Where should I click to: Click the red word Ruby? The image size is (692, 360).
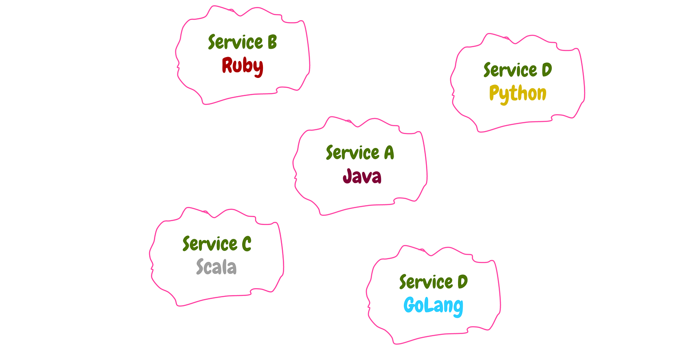tap(242, 66)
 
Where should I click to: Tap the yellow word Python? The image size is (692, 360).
tap(518, 93)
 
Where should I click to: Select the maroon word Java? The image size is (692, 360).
tap(362, 176)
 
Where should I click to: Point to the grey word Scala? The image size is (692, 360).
tap(216, 267)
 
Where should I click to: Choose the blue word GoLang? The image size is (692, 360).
tap(433, 305)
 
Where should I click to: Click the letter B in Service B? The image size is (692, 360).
tap(272, 42)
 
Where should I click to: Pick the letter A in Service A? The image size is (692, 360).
tap(389, 153)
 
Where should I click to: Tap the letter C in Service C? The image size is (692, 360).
tap(247, 244)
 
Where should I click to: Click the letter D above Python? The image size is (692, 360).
tap(547, 70)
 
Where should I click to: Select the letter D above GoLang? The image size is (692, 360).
tap(463, 282)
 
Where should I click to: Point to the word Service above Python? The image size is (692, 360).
tap(510, 70)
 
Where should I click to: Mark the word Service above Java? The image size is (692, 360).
tap(353, 153)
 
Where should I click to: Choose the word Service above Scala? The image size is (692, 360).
tap(210, 244)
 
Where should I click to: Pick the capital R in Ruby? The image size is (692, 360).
tap(227, 65)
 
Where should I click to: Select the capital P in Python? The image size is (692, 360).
tap(494, 93)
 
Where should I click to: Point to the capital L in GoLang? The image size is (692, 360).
tap(424, 305)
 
